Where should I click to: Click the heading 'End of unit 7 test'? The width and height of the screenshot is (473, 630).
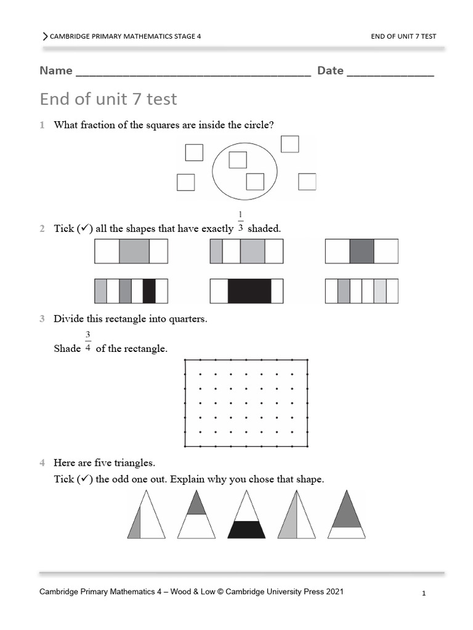108,98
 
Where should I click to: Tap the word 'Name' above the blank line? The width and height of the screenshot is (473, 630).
56,71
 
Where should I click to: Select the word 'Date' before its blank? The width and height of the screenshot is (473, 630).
330,71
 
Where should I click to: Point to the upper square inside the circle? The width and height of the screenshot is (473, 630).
238,160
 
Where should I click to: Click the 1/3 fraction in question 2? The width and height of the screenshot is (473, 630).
240,223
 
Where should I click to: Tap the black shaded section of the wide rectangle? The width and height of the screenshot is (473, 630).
249,291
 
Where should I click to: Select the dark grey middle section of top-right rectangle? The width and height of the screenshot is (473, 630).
362,252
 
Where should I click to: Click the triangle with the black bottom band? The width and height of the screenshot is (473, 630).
246,528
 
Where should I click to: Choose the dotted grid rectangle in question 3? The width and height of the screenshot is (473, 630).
246,403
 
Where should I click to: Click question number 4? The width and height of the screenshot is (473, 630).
42,462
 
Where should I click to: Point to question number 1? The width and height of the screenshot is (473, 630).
42,125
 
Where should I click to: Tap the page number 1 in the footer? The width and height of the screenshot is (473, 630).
424,594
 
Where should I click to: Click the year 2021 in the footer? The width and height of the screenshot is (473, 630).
333,592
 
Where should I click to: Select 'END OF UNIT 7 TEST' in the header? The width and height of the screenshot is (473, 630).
403,36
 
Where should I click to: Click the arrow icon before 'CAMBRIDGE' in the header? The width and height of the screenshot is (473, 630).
45,36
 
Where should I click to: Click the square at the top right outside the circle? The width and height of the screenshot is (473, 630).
289,144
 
